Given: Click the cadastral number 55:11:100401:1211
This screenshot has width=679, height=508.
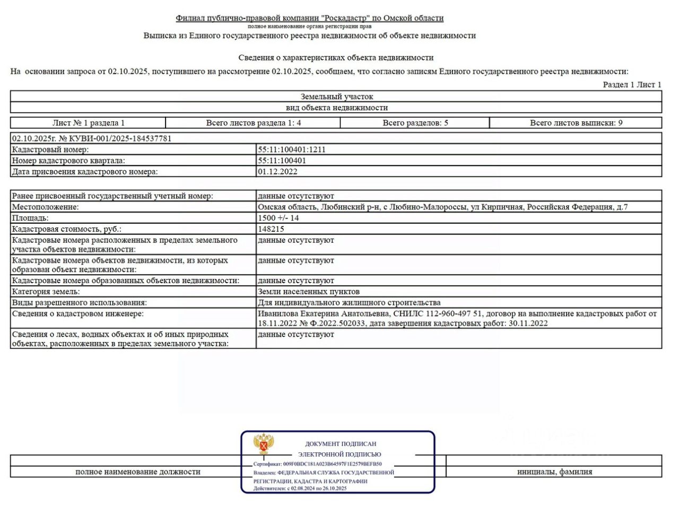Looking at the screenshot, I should [292, 150].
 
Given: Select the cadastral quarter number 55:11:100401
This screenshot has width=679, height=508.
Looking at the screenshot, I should [282, 161].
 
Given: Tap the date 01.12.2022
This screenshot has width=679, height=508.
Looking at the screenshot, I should [277, 172].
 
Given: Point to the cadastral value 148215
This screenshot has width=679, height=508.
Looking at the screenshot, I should [271, 229].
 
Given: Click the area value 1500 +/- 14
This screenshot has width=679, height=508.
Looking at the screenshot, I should [278, 218].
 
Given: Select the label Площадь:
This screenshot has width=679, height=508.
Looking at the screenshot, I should [30, 218].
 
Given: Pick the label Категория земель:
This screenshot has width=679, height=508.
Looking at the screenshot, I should [46, 292].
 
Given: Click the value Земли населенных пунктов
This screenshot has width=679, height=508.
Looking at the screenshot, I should [308, 292].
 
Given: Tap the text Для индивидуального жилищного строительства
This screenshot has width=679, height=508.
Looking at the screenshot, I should [349, 303].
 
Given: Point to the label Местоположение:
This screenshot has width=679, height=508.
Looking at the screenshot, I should [45, 207].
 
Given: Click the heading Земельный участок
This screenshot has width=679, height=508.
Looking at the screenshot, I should [337, 97].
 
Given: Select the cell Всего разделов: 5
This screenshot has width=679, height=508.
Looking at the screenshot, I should [415, 123].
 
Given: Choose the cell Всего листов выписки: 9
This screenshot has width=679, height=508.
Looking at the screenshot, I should [576, 123].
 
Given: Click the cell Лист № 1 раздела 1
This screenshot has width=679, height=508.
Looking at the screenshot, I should [89, 123].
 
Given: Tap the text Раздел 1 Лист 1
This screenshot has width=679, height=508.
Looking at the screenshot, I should [632, 85].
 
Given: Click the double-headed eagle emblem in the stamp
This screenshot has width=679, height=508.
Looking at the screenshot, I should [264, 444].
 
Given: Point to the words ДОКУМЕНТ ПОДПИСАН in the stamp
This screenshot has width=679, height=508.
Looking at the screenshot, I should [341, 444].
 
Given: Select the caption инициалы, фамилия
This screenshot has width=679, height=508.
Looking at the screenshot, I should [554, 471].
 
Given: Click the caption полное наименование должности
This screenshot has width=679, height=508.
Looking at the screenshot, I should [138, 471].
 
